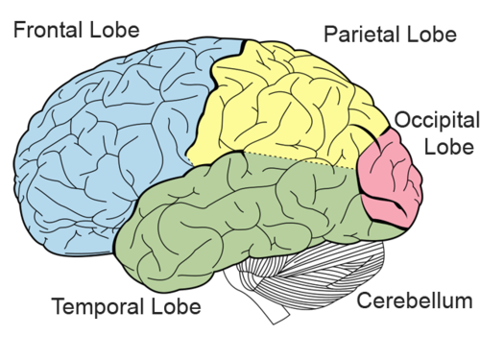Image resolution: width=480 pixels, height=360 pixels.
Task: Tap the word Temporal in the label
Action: (x=94, y=308)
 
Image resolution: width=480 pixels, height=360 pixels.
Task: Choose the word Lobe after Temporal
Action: (x=176, y=308)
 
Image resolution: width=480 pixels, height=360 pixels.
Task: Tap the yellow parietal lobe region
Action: (x=288, y=106)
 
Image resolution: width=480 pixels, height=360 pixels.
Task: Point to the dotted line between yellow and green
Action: (x=288, y=156)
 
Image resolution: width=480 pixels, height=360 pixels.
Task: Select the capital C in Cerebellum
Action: (x=363, y=303)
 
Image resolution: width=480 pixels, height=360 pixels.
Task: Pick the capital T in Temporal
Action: (x=57, y=308)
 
